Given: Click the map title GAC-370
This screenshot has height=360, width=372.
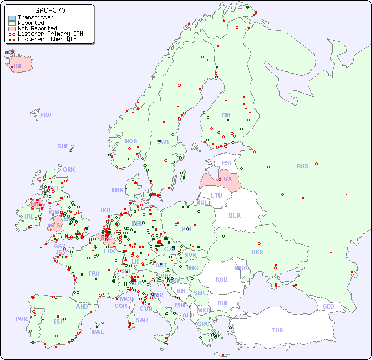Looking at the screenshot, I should click(x=50, y=10).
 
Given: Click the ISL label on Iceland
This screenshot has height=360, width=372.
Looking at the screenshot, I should click(x=18, y=67).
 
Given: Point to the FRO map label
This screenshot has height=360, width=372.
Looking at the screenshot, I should click(x=46, y=115).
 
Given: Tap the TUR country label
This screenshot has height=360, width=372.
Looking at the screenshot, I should click(x=277, y=330).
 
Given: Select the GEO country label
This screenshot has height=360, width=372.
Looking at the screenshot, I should click(x=328, y=306).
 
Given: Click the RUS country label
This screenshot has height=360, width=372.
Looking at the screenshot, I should click(x=302, y=166).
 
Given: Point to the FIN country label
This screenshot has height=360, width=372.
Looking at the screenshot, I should click(x=226, y=115).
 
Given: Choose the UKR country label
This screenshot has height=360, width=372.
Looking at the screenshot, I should click(x=257, y=252).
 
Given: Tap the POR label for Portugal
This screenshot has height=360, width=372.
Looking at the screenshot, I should click(x=21, y=319).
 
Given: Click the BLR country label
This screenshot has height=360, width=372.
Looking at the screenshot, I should click(x=234, y=215).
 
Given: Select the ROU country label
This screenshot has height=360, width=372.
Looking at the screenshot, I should click(x=221, y=279).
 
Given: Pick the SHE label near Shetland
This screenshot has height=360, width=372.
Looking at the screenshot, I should click(x=63, y=146).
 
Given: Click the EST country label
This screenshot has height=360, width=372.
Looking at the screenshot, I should click(x=227, y=163).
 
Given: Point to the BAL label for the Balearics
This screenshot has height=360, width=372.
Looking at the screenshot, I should click(x=98, y=332).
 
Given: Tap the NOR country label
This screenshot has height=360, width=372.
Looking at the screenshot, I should click(x=131, y=141).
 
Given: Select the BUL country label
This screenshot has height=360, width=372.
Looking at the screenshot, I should click(x=223, y=303).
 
